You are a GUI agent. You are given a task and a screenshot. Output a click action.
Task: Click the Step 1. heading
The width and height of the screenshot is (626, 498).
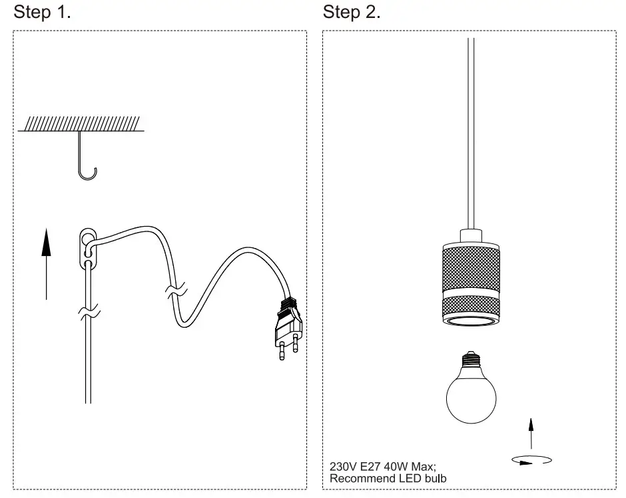click(x=42, y=12)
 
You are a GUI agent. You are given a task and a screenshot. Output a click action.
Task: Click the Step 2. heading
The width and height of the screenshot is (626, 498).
click(x=351, y=12)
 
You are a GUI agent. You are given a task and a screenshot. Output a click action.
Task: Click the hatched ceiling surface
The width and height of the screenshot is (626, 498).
click(x=81, y=123)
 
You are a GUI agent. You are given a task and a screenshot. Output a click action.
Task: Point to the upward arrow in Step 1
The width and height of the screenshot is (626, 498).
click(x=46, y=263)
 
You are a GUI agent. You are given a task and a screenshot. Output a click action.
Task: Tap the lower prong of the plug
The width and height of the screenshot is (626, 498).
click(x=282, y=352)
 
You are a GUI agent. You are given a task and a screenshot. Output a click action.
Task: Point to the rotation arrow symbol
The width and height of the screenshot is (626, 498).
click(x=531, y=459)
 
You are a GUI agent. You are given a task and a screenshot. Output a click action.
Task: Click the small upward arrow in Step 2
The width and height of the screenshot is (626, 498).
click(x=531, y=432)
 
